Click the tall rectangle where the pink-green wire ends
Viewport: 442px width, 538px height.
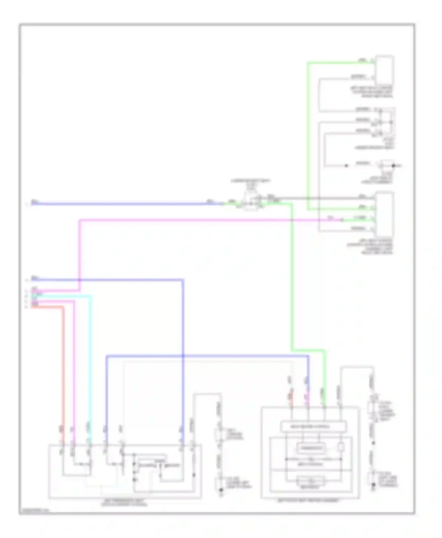pyautogui.click(x=385, y=212)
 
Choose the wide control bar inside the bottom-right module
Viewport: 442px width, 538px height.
pyautogui.click(x=313, y=426)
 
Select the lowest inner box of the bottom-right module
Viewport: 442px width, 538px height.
pyautogui.click(x=311, y=482)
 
